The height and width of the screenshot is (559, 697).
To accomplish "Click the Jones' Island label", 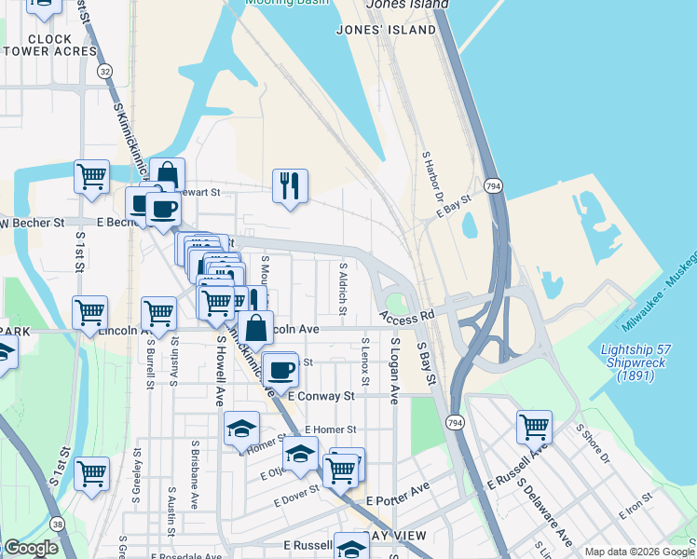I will (x=387, y=30).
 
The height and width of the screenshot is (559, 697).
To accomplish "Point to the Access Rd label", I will (x=408, y=319).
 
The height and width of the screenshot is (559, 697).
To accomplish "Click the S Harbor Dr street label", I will (x=432, y=176).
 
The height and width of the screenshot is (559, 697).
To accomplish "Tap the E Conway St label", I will (x=322, y=396).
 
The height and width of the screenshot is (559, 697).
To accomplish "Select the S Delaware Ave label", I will (x=546, y=513).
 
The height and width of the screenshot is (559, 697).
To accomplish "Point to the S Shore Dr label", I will (x=592, y=444).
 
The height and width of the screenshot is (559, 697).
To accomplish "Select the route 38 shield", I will (x=59, y=525).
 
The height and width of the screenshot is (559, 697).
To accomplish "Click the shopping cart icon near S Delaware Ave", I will (x=535, y=428).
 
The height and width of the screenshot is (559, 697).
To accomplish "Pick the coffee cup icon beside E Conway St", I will (x=280, y=371).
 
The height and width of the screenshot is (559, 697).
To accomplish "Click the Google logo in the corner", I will (x=32, y=548).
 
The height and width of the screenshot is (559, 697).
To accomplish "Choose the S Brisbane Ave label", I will (x=194, y=475).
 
